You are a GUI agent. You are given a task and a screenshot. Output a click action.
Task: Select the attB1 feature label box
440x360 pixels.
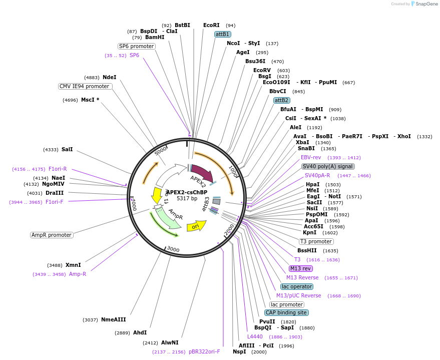[x=222, y=34]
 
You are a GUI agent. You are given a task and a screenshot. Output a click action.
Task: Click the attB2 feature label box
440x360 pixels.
[x=281, y=100]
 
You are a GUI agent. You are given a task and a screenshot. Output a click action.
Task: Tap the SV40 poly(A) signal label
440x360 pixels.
[x=328, y=166]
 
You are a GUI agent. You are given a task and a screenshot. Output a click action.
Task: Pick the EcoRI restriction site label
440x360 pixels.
[x=211, y=25]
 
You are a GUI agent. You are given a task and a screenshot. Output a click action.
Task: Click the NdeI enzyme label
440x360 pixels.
[x=109, y=77]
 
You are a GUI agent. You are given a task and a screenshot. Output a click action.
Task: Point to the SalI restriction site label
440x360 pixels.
[x=67, y=149]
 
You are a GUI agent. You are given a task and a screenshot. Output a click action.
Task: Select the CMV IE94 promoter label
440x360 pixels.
[x=84, y=86]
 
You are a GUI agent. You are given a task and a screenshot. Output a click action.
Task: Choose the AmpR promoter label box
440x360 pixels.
[x=52, y=235]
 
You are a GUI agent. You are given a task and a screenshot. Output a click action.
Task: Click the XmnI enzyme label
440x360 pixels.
[x=73, y=265]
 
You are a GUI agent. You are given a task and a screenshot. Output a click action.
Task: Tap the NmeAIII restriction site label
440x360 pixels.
[x=113, y=319]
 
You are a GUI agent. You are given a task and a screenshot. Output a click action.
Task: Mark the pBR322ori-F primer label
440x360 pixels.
[x=204, y=351]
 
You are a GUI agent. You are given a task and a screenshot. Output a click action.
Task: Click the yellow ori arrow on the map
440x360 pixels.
[x=196, y=226]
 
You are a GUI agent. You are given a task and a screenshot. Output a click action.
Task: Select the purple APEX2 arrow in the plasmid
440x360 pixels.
[x=202, y=174]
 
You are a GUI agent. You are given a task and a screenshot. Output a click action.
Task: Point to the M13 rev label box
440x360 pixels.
[x=301, y=268]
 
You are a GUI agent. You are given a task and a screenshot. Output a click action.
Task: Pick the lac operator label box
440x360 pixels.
[x=297, y=286]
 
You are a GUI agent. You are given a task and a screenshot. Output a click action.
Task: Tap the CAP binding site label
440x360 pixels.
[x=286, y=312]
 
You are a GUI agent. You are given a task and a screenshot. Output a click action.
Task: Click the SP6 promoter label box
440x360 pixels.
[x=136, y=46]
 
